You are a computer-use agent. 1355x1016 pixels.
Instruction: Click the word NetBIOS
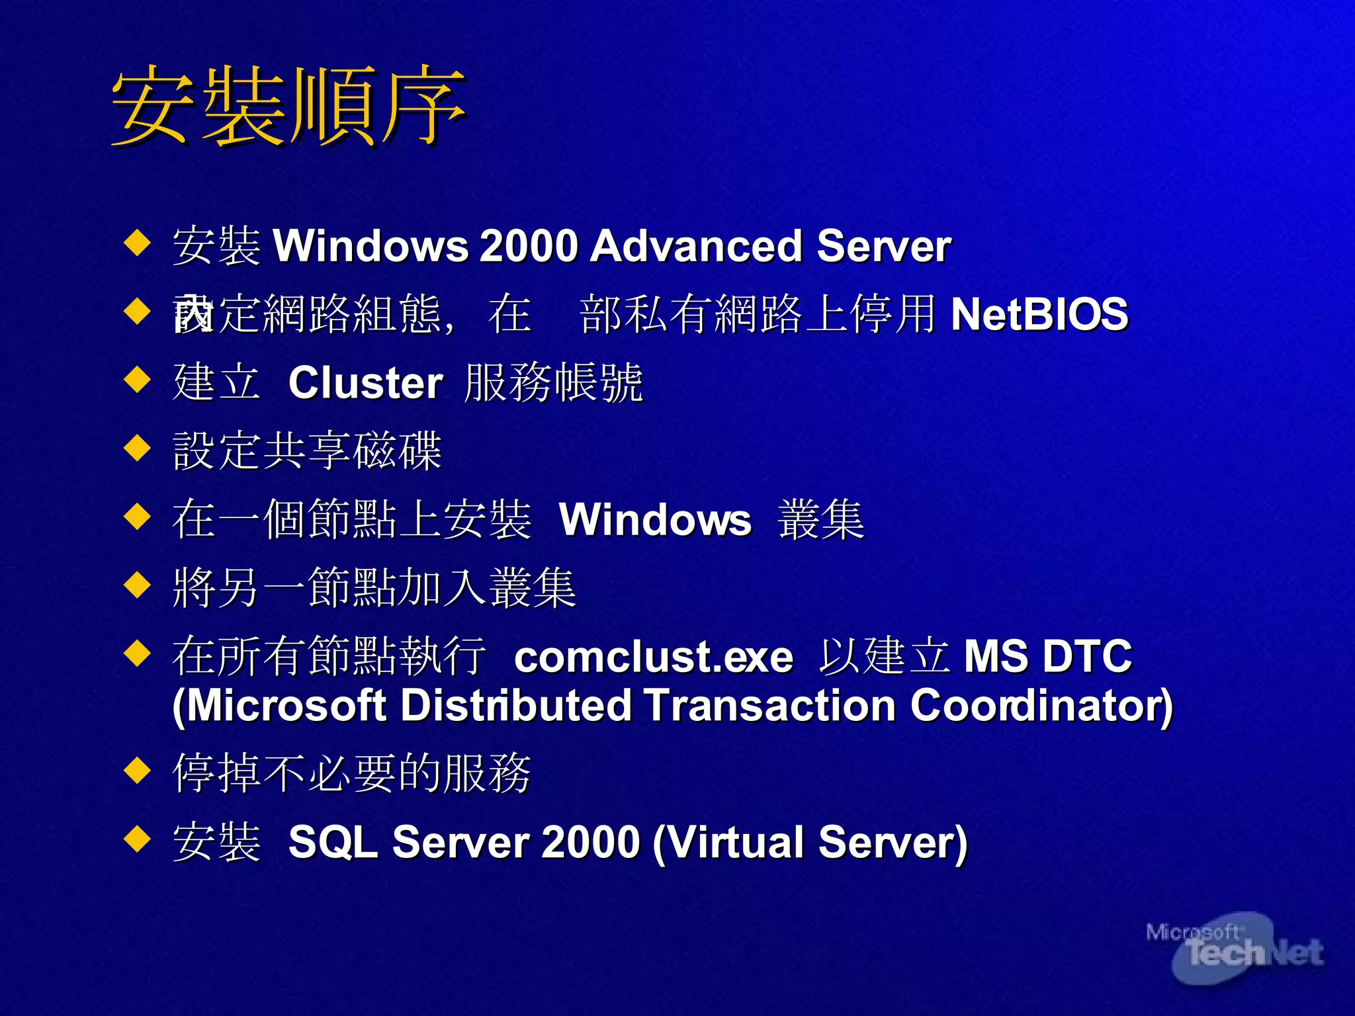1039,314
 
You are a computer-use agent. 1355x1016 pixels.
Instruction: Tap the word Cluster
365,383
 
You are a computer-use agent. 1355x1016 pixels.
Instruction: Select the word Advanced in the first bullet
696,246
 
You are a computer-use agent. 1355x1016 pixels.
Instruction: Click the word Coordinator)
1041,706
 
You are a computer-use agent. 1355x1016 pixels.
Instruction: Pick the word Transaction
769,706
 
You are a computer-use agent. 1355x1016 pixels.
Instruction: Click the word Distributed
516,706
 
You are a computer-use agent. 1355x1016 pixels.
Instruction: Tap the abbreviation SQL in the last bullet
333,843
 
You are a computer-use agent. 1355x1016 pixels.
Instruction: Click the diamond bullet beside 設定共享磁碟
138,448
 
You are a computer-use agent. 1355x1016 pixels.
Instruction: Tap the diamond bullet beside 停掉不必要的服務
138,770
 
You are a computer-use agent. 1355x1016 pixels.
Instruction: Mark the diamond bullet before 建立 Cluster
138,380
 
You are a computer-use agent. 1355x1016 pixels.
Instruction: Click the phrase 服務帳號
553,383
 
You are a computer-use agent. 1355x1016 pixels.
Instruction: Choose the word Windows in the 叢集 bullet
655,520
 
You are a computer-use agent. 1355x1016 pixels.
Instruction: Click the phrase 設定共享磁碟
307,451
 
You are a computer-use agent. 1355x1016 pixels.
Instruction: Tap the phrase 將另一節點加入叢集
374,588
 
